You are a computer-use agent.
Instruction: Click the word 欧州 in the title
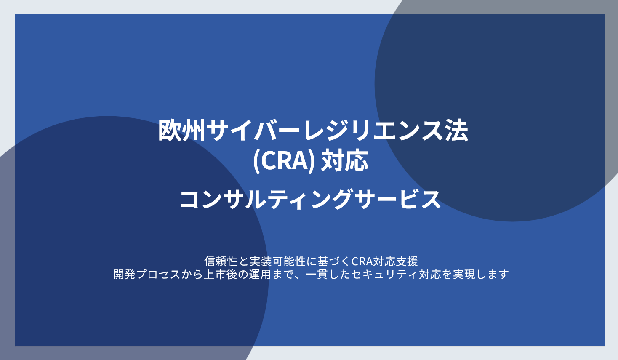(x=182, y=131)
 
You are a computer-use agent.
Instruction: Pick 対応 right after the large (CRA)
(x=345, y=161)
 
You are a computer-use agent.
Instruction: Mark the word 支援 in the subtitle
(x=407, y=261)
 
